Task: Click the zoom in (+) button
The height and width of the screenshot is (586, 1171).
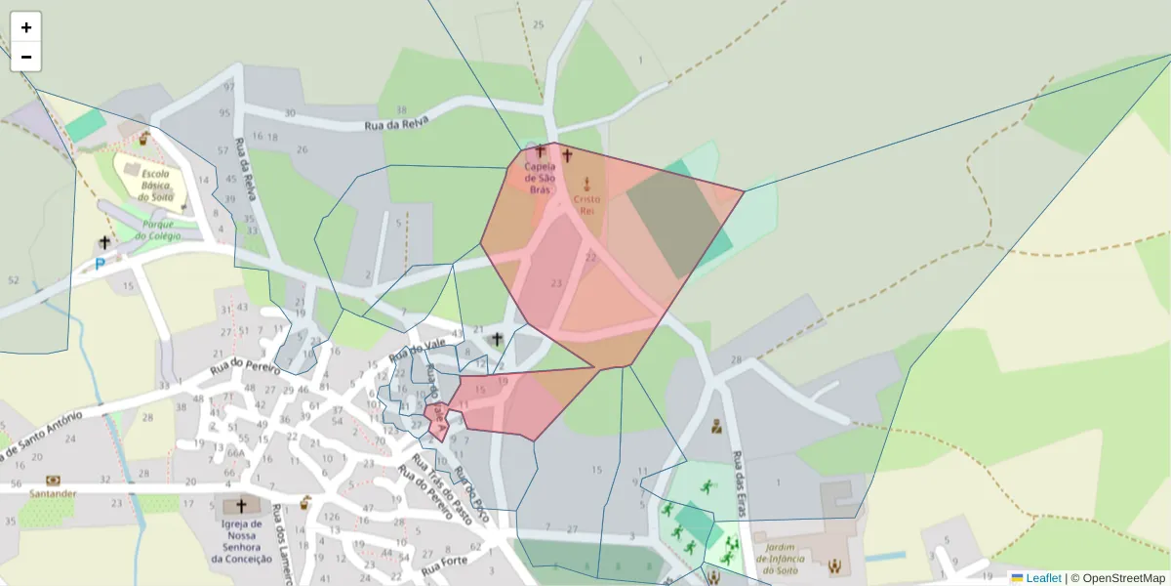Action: tap(26, 27)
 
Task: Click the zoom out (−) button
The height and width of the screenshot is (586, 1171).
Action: tap(26, 57)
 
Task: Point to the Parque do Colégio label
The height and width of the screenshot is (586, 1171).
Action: tap(154, 230)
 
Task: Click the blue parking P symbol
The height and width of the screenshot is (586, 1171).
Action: tap(100, 264)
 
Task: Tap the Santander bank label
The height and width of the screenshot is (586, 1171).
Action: tap(53, 493)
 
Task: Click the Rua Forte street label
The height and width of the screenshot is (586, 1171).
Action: tap(445, 565)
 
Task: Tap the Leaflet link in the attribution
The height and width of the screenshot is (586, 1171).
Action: tap(1043, 578)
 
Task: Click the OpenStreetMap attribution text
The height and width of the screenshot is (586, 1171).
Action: tap(1117, 578)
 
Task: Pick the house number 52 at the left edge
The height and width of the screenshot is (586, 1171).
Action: tap(13, 280)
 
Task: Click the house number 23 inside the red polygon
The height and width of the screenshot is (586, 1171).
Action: tap(556, 283)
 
